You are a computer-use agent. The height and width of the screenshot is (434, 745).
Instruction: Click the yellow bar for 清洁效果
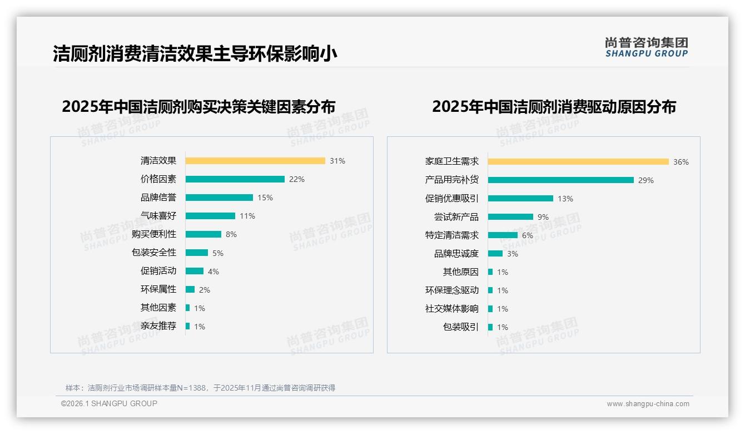tap(255, 161)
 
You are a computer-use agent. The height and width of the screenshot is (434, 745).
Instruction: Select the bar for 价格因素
tap(235, 179)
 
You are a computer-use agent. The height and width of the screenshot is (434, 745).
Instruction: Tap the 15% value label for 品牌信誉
tap(265, 198)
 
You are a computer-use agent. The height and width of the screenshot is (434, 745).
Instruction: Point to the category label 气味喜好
tap(158, 216)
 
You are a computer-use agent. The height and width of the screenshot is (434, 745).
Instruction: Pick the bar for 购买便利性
tap(203, 234)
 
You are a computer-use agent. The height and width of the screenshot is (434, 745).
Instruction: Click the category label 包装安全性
tap(154, 253)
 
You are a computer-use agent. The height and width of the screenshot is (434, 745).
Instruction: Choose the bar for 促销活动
tap(195, 271)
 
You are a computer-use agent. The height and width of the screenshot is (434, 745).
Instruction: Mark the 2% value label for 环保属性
tap(205, 290)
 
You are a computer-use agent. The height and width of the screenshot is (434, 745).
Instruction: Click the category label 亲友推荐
tap(158, 326)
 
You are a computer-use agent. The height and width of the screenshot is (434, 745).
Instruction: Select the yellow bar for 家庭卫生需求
tap(578, 162)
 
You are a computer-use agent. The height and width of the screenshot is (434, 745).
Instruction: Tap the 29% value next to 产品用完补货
tap(646, 180)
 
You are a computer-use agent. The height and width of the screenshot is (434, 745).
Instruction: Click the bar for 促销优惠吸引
tap(520, 199)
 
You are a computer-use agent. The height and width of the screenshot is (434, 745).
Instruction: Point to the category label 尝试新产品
tap(456, 217)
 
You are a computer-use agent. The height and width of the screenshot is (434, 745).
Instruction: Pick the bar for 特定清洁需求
tap(503, 235)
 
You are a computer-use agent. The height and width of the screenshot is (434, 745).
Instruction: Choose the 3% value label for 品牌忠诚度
tap(513, 254)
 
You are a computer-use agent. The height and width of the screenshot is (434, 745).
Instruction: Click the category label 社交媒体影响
tap(452, 309)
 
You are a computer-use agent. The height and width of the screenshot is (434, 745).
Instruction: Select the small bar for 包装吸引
tap(490, 327)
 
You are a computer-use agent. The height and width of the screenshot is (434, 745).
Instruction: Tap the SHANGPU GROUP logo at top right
tap(647, 47)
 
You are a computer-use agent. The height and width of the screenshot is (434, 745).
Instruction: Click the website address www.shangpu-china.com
tap(648, 404)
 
